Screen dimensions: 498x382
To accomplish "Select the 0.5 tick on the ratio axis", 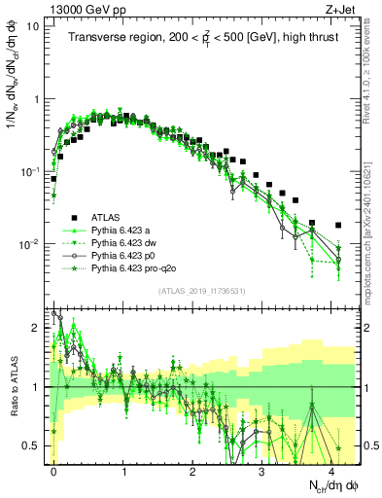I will point(31,445).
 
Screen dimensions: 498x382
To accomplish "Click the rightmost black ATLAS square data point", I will point(338,225).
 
